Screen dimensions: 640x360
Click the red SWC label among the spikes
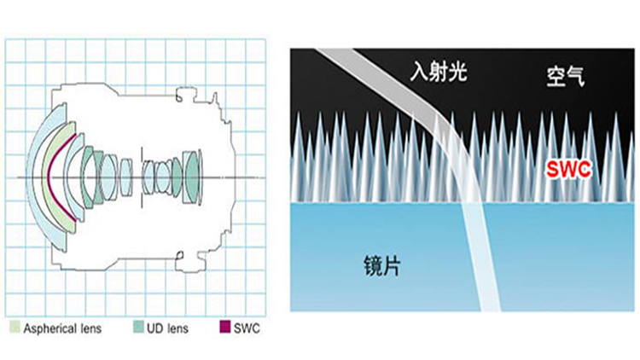point(568,169)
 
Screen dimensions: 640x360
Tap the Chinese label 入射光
point(439,72)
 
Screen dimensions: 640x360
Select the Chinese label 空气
point(565,77)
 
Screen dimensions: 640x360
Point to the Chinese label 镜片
point(381,266)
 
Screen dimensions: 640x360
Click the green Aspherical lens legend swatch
point(15,327)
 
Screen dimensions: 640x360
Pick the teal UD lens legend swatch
point(138,327)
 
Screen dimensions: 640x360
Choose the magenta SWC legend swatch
point(225,327)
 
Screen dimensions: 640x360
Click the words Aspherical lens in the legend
point(62,328)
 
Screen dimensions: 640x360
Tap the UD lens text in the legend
point(167,328)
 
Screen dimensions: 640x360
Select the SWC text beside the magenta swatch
point(247,328)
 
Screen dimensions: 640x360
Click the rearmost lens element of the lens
point(200,177)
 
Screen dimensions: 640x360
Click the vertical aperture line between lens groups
point(142,177)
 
